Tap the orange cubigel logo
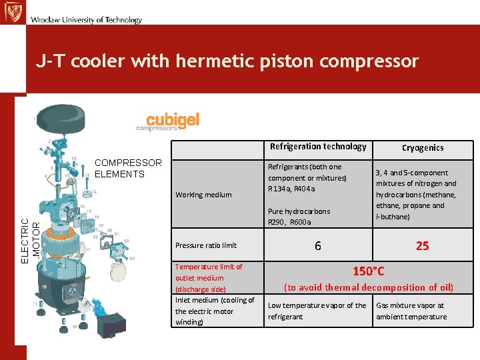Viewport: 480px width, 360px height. click(x=173, y=120)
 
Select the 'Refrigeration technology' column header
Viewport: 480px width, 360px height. click(x=318, y=147)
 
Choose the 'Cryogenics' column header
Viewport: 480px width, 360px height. click(x=422, y=148)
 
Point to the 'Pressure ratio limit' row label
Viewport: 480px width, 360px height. click(x=206, y=245)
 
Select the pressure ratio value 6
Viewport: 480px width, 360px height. click(x=318, y=246)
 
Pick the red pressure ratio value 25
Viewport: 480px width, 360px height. click(x=422, y=246)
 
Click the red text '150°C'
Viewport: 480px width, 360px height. click(x=369, y=271)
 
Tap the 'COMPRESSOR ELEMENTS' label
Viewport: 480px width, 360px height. click(x=129, y=168)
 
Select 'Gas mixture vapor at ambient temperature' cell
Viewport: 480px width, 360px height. click(x=411, y=311)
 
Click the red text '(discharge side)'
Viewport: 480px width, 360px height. click(x=201, y=289)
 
